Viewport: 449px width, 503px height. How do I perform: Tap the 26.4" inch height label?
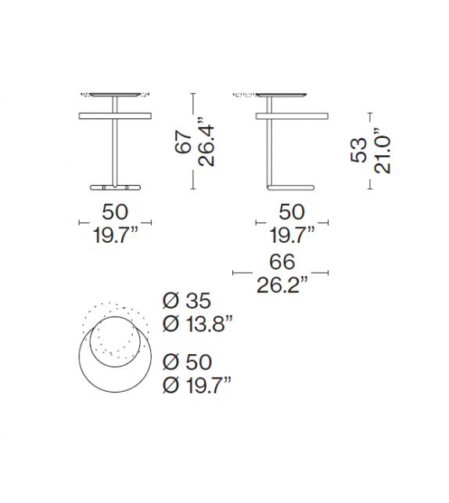[206, 143]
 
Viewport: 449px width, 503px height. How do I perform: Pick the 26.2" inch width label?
[281, 284]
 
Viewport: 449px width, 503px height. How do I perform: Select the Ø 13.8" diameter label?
[198, 324]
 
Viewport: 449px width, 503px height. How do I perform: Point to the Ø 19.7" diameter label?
[198, 385]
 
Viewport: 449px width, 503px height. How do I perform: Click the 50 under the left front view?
[115, 211]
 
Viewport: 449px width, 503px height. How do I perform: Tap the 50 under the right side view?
[293, 211]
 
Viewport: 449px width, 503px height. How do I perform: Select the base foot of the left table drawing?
[115, 187]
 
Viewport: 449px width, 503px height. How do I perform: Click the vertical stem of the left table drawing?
[115, 153]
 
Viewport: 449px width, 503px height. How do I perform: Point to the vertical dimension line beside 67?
[192, 142]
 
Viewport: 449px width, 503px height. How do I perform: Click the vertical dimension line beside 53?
[370, 150]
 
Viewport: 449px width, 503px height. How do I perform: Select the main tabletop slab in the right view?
[293, 116]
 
